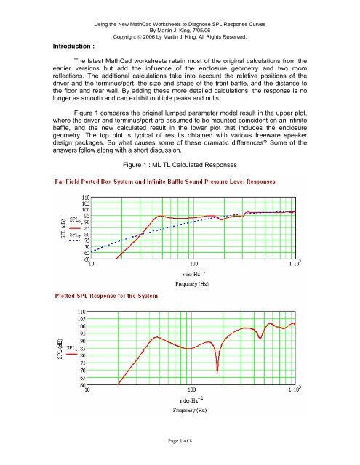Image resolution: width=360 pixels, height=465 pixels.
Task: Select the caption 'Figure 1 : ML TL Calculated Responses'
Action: coord(183,166)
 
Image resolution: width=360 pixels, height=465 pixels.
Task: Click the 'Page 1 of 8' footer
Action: coord(180,451)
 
